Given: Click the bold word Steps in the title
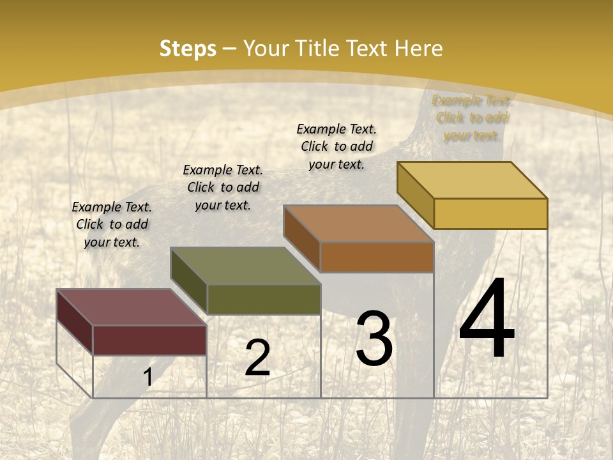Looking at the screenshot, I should coord(188,49).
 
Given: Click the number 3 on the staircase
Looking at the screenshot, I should coord(374,339).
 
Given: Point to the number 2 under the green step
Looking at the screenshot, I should coord(257,358).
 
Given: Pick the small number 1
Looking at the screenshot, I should coord(148,378).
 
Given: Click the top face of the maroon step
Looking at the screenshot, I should coord(131,307).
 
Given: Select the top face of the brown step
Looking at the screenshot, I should coord(359,224).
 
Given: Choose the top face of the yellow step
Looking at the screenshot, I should coord(473,180).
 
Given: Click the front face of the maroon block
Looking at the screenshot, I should coord(149,340).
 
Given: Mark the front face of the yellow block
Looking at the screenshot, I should coord(490,213).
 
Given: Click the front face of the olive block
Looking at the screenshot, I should coord(264,299).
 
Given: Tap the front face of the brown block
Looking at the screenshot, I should coord(377,257).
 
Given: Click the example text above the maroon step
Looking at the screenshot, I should coord(112,224).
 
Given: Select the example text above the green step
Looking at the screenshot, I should coord(223,187).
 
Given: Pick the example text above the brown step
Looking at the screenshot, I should coord(337,146).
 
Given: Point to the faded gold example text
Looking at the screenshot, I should coord(472,118).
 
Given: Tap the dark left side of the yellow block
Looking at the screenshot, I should coord(415,194).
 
